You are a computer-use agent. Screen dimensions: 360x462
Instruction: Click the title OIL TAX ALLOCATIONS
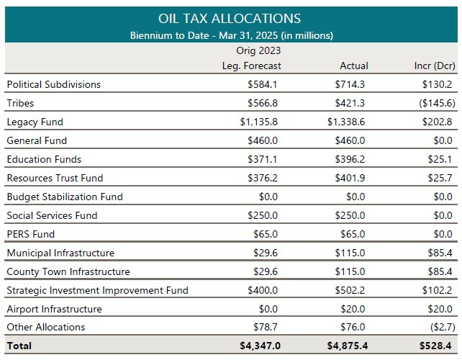point(230,18)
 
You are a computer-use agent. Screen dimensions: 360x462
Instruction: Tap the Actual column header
point(353,66)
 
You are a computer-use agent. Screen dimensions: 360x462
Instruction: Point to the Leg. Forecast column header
point(251,66)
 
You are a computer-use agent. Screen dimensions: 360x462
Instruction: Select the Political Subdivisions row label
point(54,84)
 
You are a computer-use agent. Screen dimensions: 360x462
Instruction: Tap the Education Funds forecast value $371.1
point(262,159)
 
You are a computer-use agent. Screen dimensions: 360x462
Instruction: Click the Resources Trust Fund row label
point(55,178)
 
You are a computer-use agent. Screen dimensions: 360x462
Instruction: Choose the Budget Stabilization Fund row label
point(65,197)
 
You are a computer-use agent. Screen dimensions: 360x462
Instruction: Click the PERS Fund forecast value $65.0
point(265,234)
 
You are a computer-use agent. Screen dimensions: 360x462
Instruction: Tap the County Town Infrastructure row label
point(68,271)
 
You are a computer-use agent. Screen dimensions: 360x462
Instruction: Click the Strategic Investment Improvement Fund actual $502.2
point(350,290)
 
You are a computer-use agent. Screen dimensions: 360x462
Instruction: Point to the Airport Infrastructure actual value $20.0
point(353,309)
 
